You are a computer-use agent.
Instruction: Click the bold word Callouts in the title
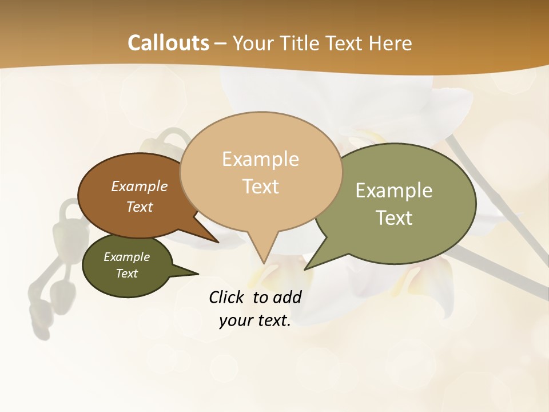pos(168,43)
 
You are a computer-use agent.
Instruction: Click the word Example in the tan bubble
pos(260,159)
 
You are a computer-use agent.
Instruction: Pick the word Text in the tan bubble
pos(260,187)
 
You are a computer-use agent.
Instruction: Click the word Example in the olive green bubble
pos(394,191)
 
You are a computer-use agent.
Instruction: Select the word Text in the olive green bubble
pos(394,218)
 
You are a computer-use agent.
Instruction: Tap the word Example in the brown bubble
pos(140,187)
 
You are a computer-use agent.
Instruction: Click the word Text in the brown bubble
pos(140,207)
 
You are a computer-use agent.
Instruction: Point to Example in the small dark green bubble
pos(127,257)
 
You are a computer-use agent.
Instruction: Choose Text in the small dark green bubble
pos(127,274)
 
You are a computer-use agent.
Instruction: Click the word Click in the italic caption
pos(227,297)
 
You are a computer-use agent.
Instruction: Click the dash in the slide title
pos(221,43)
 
